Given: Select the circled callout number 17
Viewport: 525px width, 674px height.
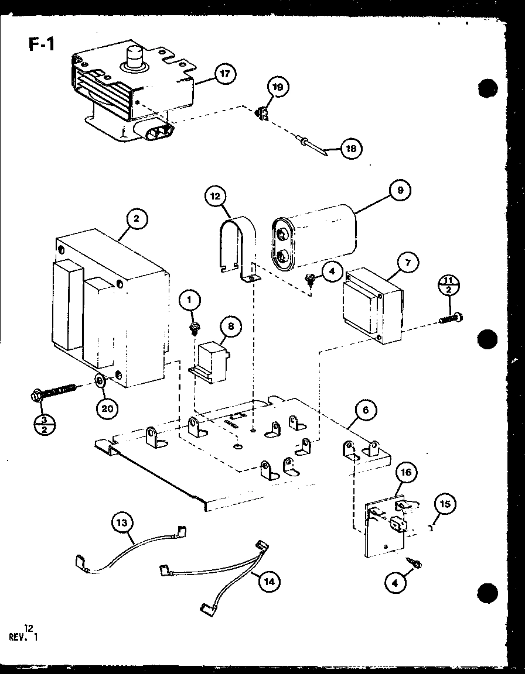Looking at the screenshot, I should click(224, 74).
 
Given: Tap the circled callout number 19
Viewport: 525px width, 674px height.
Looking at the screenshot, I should click(278, 88).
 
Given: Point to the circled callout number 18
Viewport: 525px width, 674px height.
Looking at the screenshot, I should click(351, 148).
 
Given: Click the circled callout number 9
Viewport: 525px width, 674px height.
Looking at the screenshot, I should click(400, 190).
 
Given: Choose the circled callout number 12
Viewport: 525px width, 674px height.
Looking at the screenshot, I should click(216, 195).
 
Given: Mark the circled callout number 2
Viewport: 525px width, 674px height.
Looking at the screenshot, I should click(137, 219).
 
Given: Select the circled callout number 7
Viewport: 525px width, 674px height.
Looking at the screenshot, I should click(408, 263).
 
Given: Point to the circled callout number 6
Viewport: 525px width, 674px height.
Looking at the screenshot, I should click(366, 410).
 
